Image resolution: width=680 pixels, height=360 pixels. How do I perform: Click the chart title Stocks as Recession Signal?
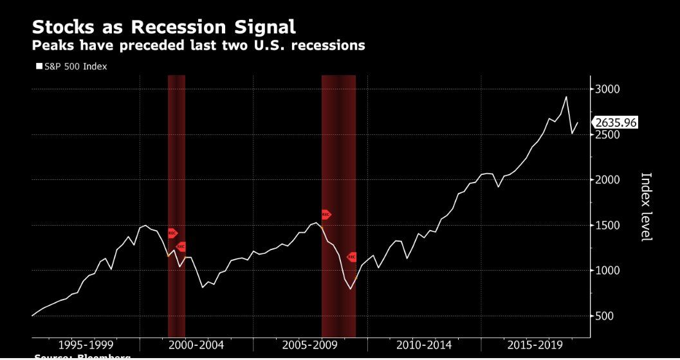163,27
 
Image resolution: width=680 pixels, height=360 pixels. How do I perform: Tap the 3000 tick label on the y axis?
607,89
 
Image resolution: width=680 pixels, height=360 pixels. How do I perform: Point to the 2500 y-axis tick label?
607,135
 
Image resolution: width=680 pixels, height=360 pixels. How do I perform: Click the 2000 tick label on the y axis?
607,180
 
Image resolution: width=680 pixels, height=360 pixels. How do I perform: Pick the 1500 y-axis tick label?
607,226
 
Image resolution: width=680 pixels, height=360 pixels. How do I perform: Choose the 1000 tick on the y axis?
607,271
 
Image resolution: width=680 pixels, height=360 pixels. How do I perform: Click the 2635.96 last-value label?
616,122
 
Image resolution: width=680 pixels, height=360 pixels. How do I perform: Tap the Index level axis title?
647,206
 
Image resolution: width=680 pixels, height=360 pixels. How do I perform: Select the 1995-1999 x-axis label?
85,345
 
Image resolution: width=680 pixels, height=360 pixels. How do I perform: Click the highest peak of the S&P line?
566,97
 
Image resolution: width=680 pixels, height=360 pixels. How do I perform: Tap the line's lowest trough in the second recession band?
351,289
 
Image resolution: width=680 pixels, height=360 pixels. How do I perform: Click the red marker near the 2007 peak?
326,215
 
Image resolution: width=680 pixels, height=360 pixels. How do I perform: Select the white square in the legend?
39,66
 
